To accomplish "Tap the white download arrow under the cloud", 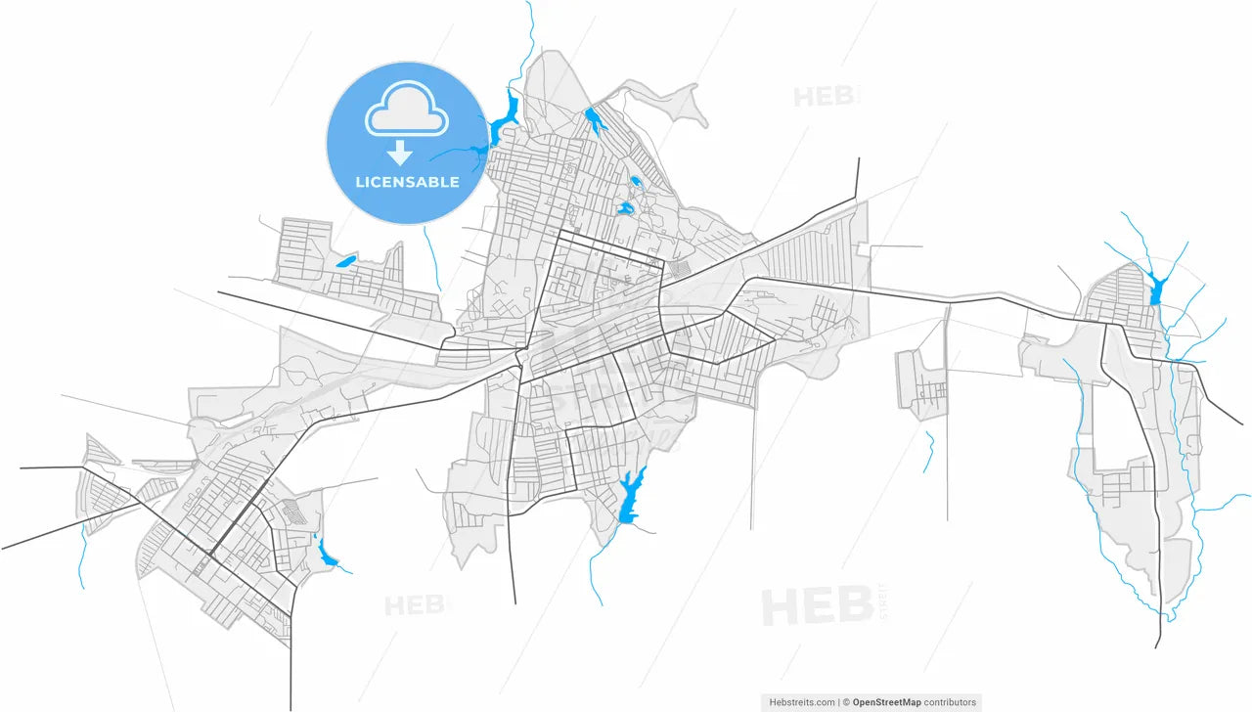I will (400, 153).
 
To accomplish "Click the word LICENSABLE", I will (407, 182).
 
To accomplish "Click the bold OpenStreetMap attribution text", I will (886, 702).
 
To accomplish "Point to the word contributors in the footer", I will (949, 702).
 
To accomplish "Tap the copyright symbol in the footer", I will (847, 702).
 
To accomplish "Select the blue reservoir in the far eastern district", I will (1157, 289).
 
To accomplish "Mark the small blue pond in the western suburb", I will (344, 261).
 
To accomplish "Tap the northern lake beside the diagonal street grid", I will (595, 120).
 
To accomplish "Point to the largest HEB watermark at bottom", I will (817, 606).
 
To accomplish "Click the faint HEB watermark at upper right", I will (827, 97).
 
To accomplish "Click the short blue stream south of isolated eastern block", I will (929, 452).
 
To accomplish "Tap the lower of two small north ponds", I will (624, 208).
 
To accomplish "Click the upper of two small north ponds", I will (636, 181).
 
